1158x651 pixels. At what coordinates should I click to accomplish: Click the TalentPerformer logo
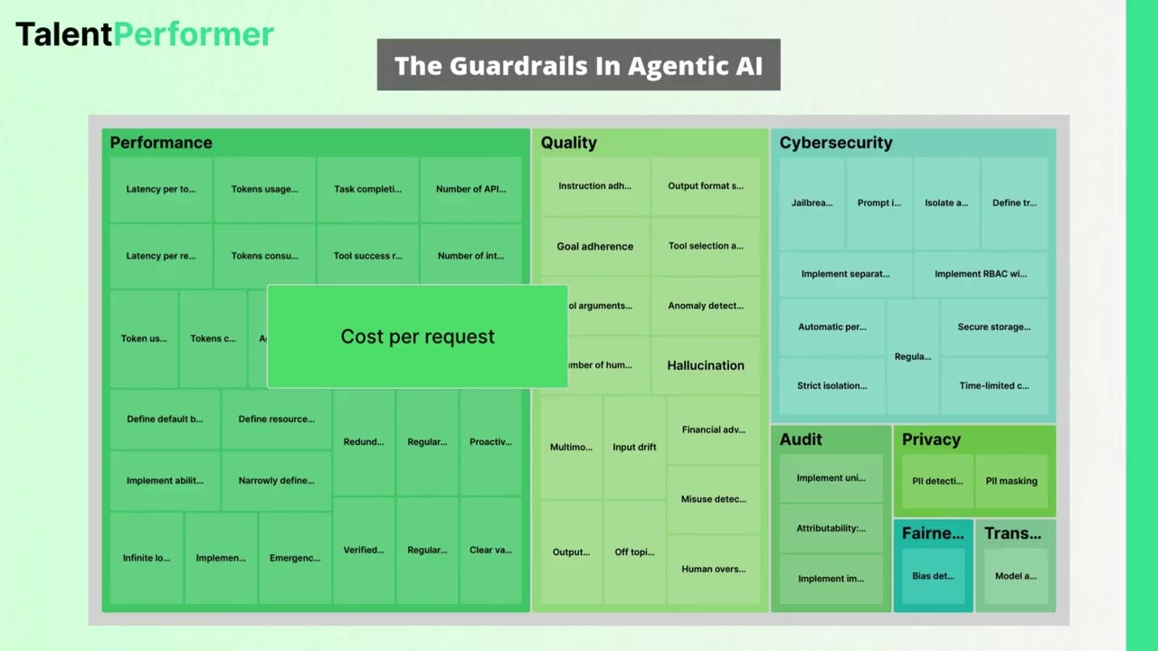click(x=145, y=34)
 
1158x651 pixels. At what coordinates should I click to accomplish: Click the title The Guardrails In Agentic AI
click(x=578, y=65)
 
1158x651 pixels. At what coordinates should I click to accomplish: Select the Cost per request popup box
click(x=417, y=336)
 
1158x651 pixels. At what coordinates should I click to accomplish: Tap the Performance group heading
click(x=161, y=143)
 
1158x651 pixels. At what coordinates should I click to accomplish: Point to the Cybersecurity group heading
click(x=836, y=143)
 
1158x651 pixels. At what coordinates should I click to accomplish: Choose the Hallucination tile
click(x=706, y=365)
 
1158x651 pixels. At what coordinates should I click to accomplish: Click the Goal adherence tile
click(x=595, y=246)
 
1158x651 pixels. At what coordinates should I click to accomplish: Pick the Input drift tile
click(x=634, y=447)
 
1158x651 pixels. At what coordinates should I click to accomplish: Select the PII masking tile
click(x=1011, y=481)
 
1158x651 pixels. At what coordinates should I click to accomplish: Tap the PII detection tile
click(x=937, y=481)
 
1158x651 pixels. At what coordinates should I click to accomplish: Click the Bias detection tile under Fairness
click(x=933, y=576)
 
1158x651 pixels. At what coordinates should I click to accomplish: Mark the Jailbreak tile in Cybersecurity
click(x=812, y=203)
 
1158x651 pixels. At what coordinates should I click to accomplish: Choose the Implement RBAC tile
click(x=981, y=274)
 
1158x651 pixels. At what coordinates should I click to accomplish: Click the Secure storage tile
click(x=994, y=327)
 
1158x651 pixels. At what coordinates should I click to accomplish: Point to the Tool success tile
click(x=367, y=256)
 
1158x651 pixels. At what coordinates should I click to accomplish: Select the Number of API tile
click(x=470, y=190)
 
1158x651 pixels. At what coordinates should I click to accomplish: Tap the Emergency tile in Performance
click(x=295, y=558)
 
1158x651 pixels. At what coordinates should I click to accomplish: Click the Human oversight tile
click(x=714, y=569)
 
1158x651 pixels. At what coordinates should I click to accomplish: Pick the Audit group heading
click(x=801, y=439)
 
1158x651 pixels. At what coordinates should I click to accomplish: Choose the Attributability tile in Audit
click(x=831, y=528)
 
